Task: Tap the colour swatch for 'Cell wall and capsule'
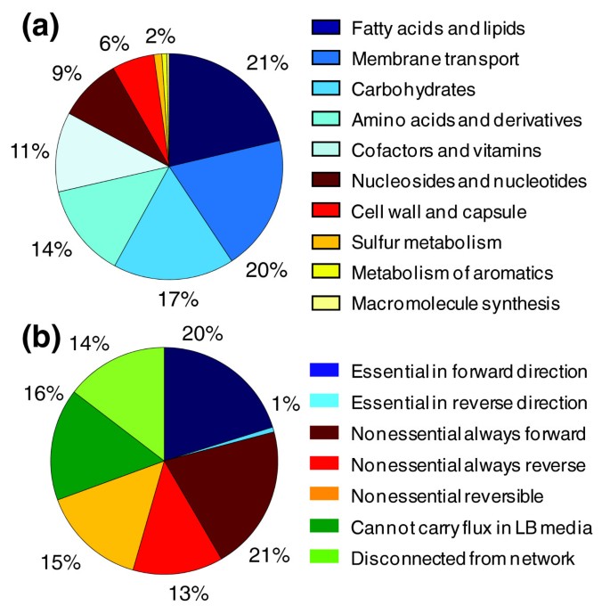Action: click(327, 211)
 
